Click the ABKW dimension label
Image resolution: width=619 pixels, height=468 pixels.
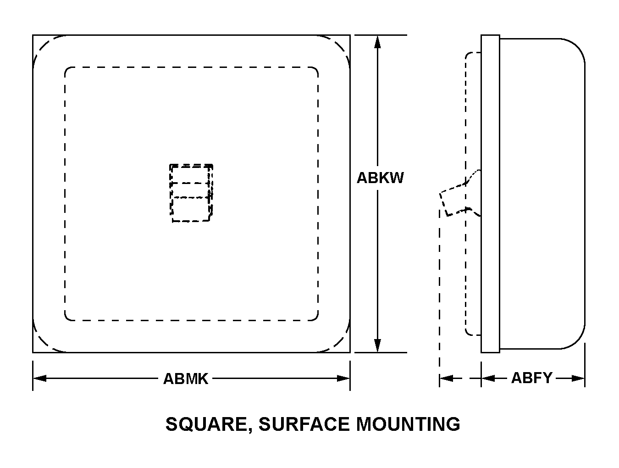(x=380, y=178)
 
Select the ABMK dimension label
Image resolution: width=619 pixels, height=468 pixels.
(x=186, y=379)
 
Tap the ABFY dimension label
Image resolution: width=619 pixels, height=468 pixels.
(x=531, y=378)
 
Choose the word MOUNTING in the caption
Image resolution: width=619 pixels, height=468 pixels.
(x=408, y=424)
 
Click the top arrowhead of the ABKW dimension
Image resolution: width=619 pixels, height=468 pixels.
(x=377, y=41)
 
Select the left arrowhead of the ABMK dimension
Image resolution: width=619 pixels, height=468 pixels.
(x=40, y=379)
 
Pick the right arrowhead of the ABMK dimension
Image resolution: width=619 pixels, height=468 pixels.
(x=343, y=379)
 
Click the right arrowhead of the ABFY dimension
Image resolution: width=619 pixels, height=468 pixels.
(x=578, y=379)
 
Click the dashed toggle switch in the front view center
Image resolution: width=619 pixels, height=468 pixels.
(x=191, y=193)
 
